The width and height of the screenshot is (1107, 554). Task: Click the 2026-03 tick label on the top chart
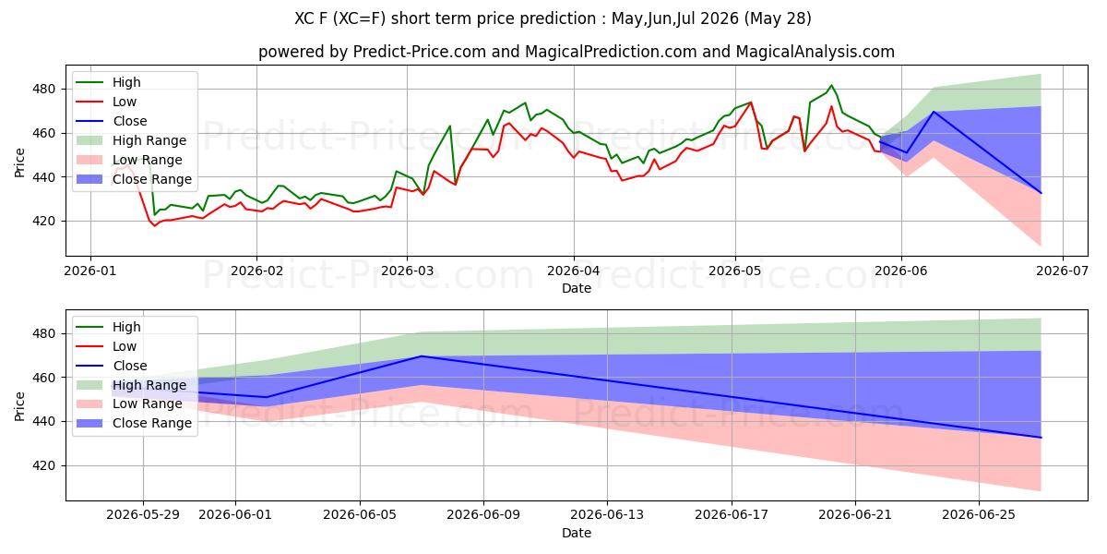[x=407, y=271]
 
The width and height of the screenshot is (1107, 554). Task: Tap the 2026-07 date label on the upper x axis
[x=1063, y=271]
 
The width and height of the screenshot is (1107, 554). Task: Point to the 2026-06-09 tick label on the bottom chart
[x=483, y=515]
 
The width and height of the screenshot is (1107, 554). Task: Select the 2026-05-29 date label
[x=143, y=515]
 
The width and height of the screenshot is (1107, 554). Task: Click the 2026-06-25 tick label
[x=979, y=515]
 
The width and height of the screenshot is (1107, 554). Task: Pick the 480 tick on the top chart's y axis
[x=43, y=90]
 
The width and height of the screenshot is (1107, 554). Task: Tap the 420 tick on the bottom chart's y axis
[x=43, y=466]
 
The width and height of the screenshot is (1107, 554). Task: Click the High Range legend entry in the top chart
[x=131, y=140]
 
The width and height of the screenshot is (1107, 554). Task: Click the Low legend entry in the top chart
[x=106, y=102]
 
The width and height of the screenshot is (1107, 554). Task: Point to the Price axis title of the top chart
[x=19, y=163]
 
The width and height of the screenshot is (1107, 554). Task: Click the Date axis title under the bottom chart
[x=577, y=533]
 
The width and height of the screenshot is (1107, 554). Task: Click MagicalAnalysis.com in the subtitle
[x=815, y=52]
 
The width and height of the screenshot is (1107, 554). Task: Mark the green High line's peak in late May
[x=831, y=85]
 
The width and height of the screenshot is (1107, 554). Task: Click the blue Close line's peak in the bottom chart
[x=421, y=356]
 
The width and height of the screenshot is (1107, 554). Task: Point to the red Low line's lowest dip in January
[x=154, y=225]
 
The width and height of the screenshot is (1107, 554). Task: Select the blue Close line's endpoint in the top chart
[x=1041, y=193]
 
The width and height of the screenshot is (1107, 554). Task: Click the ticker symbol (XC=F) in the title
[x=361, y=18]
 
